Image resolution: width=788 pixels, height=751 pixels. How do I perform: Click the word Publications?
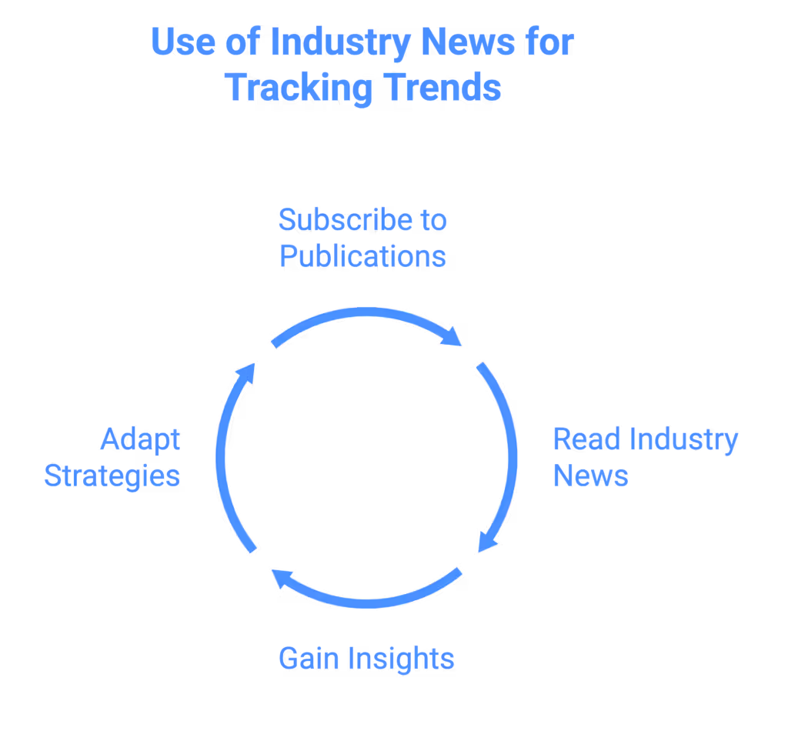[362, 256]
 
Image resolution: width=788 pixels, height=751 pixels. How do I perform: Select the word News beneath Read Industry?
[590, 476]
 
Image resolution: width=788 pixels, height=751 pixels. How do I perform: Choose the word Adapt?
[140, 440]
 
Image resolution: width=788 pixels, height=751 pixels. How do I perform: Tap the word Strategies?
[112, 476]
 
